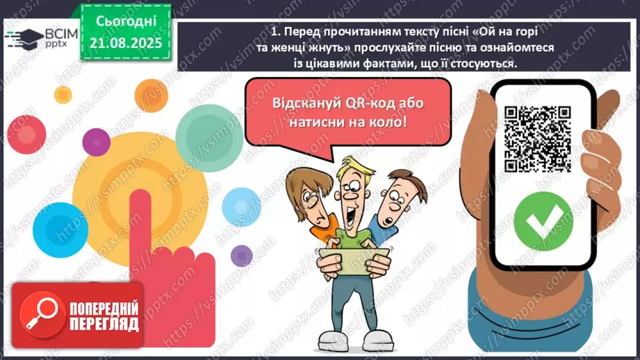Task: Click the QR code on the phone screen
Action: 536,138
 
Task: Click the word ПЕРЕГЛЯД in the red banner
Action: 104,325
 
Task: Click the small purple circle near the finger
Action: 241,255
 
